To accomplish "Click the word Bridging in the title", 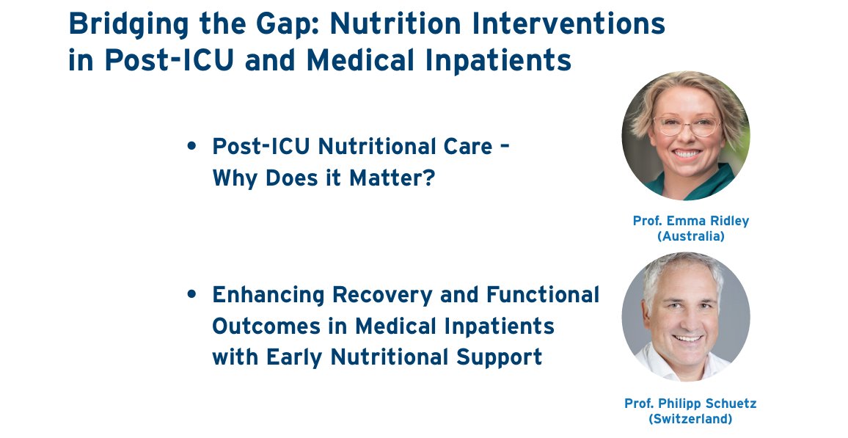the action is (x=128, y=25).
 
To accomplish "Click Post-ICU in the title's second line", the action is (x=169, y=59).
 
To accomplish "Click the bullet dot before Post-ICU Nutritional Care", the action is (x=191, y=146).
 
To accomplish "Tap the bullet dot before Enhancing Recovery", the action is (x=191, y=294).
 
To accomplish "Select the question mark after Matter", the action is (x=429, y=178).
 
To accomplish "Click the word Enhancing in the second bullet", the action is (x=268, y=296).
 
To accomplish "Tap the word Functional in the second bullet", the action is (x=542, y=295).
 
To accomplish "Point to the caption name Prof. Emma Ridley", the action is (x=690, y=221).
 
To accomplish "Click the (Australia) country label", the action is (x=690, y=236).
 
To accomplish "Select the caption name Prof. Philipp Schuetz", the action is (x=690, y=404).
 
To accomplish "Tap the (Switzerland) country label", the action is (x=690, y=419).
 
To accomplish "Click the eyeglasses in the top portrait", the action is (x=686, y=126).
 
